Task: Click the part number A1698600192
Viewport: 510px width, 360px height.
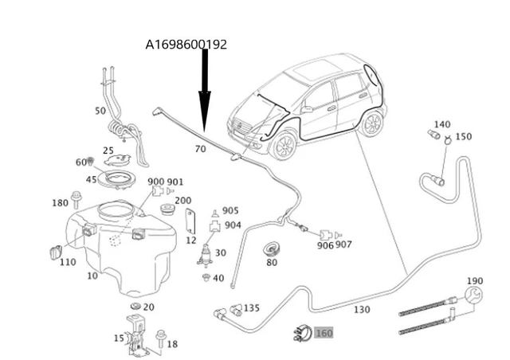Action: click(186, 45)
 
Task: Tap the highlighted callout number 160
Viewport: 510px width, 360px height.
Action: click(324, 334)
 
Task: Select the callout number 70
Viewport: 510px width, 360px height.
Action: click(200, 149)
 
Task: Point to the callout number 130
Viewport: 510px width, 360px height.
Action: click(362, 309)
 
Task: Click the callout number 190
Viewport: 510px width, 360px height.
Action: click(475, 281)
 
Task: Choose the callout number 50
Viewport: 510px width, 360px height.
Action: click(100, 111)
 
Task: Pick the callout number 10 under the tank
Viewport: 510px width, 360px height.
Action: click(93, 276)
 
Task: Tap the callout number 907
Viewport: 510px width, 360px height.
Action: click(343, 245)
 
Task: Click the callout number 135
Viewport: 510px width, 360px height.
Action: click(252, 307)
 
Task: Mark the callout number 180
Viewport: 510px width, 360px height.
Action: click(61, 203)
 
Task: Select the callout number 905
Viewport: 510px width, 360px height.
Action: click(230, 211)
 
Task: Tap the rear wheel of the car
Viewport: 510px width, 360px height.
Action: click(371, 123)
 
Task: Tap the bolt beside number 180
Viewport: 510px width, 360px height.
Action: click(76, 197)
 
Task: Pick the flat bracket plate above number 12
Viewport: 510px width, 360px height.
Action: click(191, 221)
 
